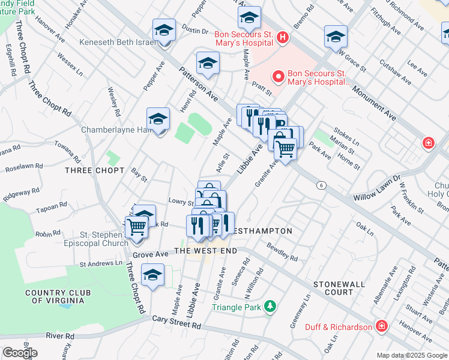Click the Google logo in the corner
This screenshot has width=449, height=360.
point(20,352)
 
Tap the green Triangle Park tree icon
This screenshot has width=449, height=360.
point(270,307)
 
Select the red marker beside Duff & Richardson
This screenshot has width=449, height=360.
point(381,326)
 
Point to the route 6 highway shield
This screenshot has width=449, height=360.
point(322,185)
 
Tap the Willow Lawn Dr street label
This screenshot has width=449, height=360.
point(376,188)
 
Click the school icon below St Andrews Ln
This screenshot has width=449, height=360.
point(152,276)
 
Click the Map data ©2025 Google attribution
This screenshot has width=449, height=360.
point(411,355)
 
